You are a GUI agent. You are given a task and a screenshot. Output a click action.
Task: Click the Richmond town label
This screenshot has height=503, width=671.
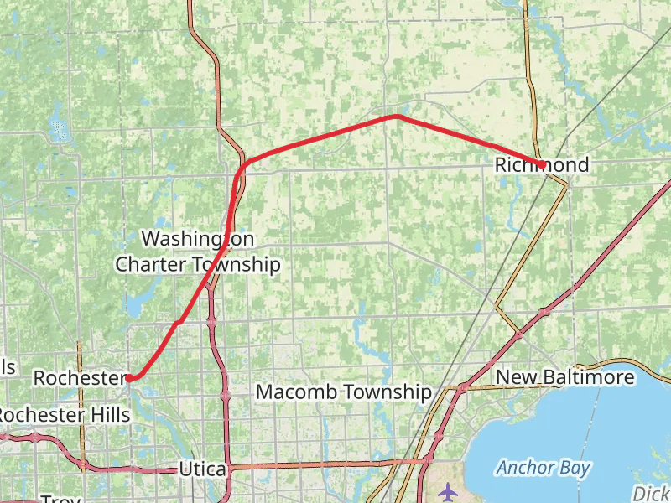coord(541,165)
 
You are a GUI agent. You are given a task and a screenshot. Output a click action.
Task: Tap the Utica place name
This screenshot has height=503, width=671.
coord(202,469)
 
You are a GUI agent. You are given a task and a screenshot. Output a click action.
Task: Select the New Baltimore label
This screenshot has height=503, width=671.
coord(564,377)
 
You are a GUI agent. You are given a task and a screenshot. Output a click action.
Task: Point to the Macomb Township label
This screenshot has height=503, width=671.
coord(343,392)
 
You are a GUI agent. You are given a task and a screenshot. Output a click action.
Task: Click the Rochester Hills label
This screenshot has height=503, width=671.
coord(64,415)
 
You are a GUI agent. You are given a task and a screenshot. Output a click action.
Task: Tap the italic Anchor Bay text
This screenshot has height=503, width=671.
coord(542,468)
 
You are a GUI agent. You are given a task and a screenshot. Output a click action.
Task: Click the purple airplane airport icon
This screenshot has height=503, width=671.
coord(450,490)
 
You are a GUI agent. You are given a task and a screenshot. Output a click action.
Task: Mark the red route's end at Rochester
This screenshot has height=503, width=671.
coord(129,378)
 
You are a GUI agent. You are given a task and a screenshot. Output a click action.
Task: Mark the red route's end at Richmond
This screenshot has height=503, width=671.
coord(544,165)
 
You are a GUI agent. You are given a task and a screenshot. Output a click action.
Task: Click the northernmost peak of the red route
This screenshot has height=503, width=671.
coord(396,117)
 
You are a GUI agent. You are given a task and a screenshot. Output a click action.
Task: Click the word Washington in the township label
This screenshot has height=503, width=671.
coord(197,239)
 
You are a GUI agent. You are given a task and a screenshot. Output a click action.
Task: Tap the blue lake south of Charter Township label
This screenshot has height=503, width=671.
coord(134,306)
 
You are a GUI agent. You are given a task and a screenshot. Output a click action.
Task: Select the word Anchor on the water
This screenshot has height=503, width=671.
coord(525,468)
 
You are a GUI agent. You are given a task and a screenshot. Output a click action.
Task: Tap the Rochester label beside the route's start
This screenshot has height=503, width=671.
coord(79,378)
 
